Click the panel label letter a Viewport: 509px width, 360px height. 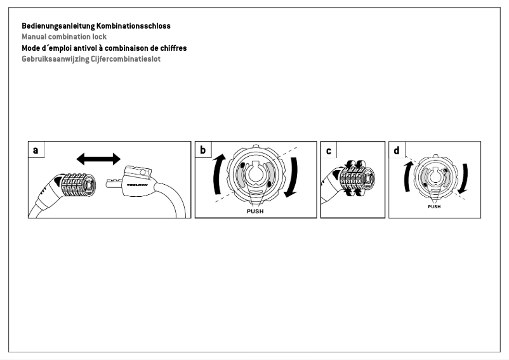36,150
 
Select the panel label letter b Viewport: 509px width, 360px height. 203,150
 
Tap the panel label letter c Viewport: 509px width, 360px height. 328,150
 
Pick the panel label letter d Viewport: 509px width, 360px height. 397,150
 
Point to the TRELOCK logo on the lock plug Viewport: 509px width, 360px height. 137,185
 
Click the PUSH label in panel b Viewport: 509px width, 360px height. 255,211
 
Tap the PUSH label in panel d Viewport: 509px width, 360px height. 434,207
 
